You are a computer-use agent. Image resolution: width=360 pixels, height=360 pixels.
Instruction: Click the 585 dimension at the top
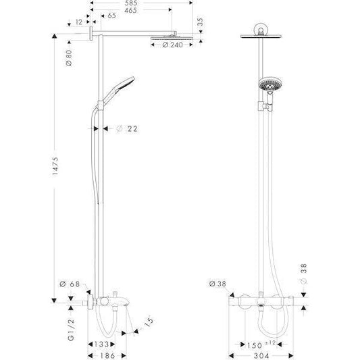(x=125, y=3)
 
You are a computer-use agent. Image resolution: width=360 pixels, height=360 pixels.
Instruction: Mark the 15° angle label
(x=147, y=319)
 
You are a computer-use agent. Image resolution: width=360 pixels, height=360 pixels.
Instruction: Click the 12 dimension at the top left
(x=79, y=22)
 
